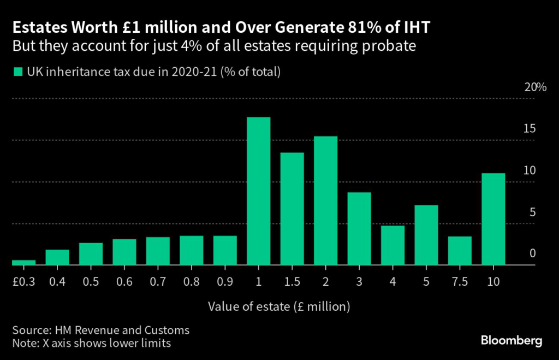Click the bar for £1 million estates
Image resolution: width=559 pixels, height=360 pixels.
(x=258, y=191)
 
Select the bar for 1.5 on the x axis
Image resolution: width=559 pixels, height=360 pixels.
(x=292, y=209)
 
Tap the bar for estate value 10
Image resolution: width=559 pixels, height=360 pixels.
(x=493, y=219)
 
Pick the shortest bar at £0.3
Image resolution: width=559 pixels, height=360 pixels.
(x=23, y=262)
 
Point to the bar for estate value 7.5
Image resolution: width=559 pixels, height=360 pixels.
(x=460, y=251)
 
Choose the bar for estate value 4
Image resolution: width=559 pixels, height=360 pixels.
(x=393, y=245)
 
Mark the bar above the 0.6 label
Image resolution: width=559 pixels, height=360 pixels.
(x=124, y=252)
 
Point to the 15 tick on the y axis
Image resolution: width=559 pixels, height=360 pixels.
(x=529, y=129)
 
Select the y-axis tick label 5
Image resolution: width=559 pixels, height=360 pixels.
(x=532, y=213)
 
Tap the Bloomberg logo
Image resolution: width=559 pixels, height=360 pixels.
(x=512, y=341)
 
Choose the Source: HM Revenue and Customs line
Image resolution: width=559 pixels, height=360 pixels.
(x=101, y=330)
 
